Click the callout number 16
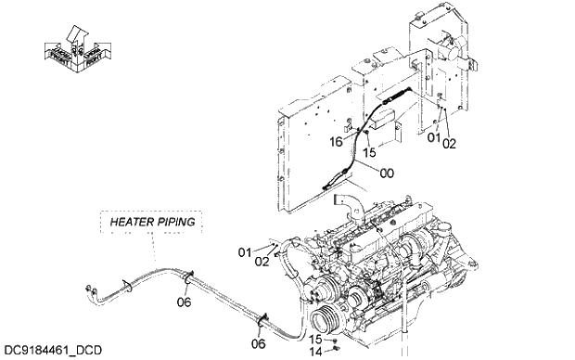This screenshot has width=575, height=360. [x=338, y=141]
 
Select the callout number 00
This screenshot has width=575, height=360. [x=387, y=172]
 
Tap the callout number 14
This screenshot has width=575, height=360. [x=314, y=353]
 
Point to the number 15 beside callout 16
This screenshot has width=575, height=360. [x=368, y=151]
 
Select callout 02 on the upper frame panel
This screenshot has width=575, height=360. [x=450, y=144]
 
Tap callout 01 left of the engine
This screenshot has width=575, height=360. [x=245, y=251]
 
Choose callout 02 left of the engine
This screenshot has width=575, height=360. [x=262, y=263]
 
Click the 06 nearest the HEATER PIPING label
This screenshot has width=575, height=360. [x=185, y=302]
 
